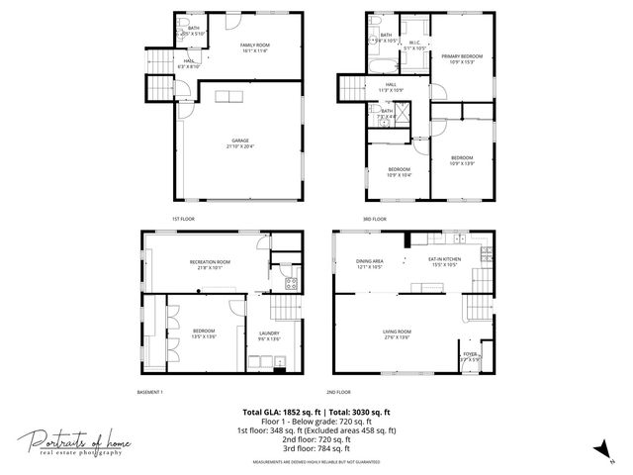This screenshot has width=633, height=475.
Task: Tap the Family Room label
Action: (x=256, y=47)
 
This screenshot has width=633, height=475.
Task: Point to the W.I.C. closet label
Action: (x=413, y=44)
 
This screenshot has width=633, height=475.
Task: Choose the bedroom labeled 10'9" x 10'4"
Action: (x=399, y=171)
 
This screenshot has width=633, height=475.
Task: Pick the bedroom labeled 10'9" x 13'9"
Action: (x=462, y=160)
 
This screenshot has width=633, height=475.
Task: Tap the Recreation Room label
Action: (x=210, y=264)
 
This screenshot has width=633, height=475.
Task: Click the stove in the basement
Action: (x=292, y=284)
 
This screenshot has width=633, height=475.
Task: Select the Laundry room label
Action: (x=269, y=335)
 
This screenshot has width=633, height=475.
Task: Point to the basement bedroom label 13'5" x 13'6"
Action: (x=204, y=332)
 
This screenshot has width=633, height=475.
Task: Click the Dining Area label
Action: (x=370, y=263)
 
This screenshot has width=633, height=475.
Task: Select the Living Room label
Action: (x=398, y=334)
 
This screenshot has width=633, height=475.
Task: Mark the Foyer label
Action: (x=469, y=356)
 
